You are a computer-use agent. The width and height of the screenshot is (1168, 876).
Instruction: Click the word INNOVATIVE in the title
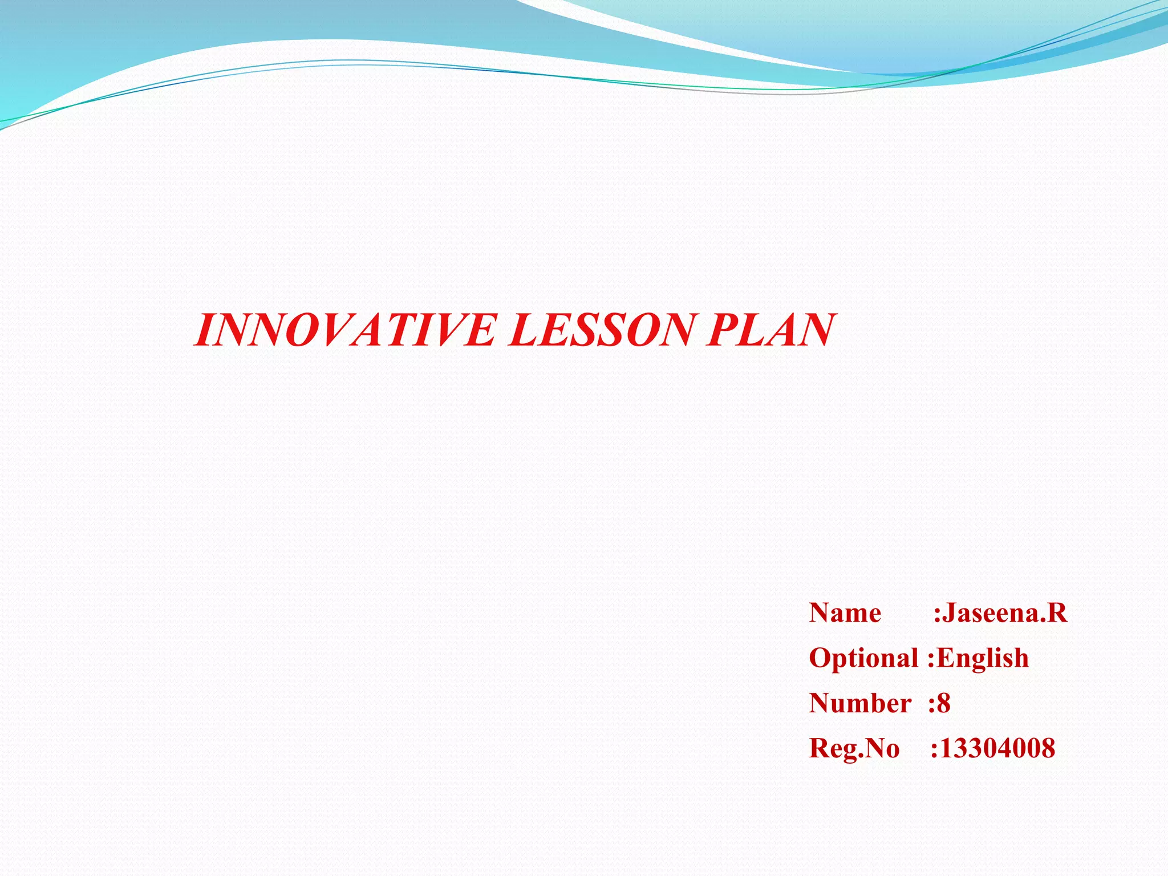(345, 330)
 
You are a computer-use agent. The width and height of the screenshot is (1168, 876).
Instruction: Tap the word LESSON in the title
(600, 330)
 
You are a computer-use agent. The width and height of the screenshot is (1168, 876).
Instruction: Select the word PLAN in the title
(770, 330)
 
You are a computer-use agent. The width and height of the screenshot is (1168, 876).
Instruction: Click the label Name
(845, 614)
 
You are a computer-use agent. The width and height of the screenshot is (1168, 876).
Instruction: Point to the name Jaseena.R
(1004, 614)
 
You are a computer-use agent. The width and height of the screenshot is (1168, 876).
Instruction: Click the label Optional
(863, 659)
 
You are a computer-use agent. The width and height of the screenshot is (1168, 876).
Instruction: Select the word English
(983, 659)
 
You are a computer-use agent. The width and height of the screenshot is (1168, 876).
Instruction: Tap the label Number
(860, 703)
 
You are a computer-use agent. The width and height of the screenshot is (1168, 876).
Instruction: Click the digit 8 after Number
(944, 703)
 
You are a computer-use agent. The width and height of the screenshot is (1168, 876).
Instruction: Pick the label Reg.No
(854, 748)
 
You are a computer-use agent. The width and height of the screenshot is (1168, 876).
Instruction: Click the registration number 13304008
(997, 748)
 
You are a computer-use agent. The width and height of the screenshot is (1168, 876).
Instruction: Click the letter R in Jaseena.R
(1057, 614)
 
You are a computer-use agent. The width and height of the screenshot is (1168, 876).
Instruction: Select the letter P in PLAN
(722, 330)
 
